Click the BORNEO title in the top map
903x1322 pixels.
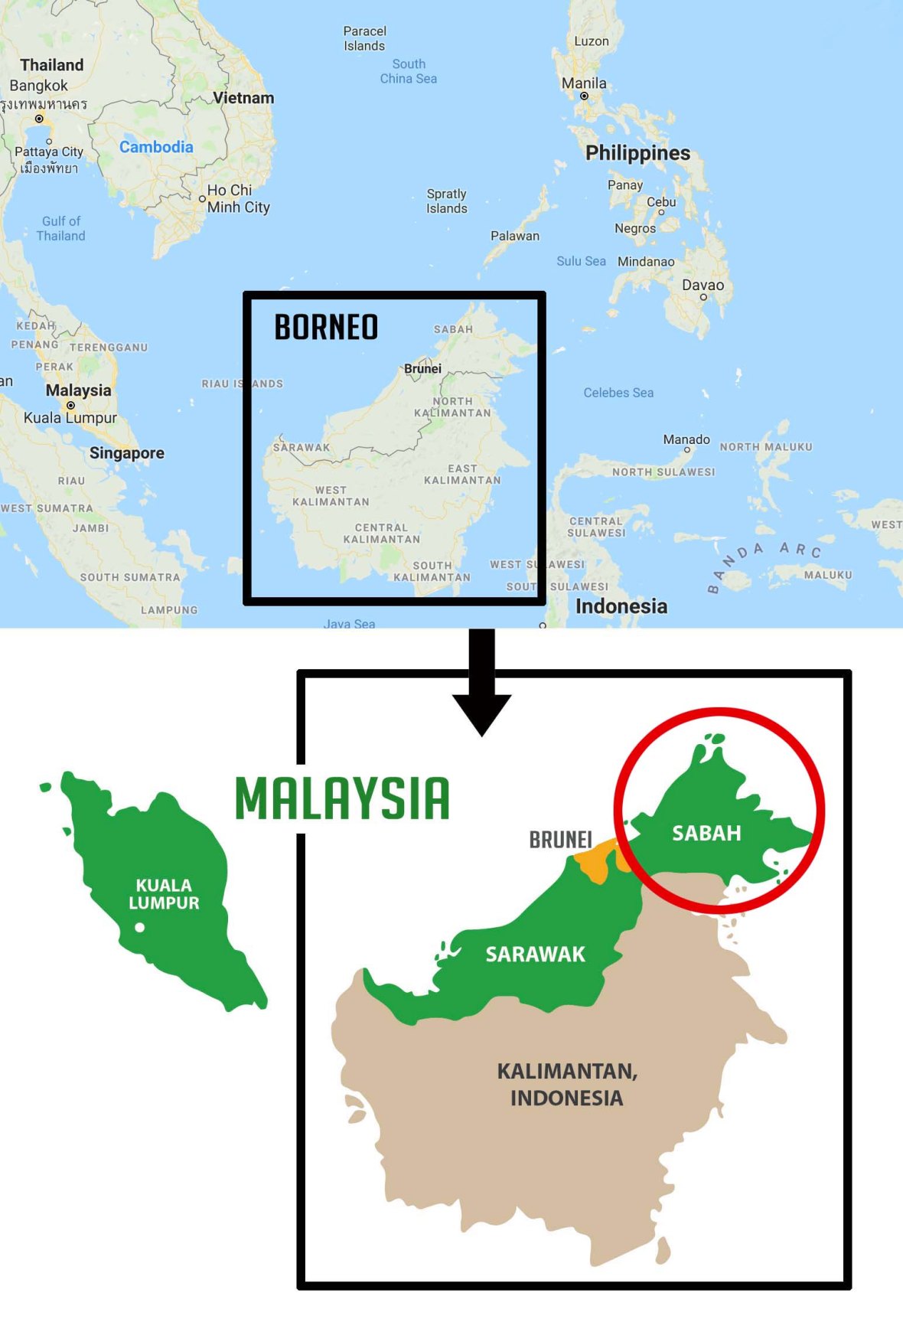coord(326,327)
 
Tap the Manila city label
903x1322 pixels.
coord(584,83)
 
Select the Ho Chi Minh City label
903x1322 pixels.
coord(238,198)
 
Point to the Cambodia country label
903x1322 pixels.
coord(156,147)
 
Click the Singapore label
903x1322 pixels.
coord(127,452)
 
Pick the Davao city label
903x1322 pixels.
coord(703,285)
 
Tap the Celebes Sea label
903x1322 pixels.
coord(618,393)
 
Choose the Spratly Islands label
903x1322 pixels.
coord(447,201)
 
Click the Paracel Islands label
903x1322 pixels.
coord(364,38)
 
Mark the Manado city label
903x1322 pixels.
coord(686,439)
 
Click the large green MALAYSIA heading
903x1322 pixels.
coord(342,798)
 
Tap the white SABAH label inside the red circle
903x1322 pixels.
coord(706,833)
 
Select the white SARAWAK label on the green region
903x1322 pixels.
coord(535,954)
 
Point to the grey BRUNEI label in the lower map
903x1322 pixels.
coord(561,840)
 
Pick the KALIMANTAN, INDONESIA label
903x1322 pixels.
coord(567,1084)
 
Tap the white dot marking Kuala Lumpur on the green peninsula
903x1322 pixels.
coord(140,927)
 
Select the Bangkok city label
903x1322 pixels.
coord(38,86)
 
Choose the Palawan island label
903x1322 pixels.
coord(515,236)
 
